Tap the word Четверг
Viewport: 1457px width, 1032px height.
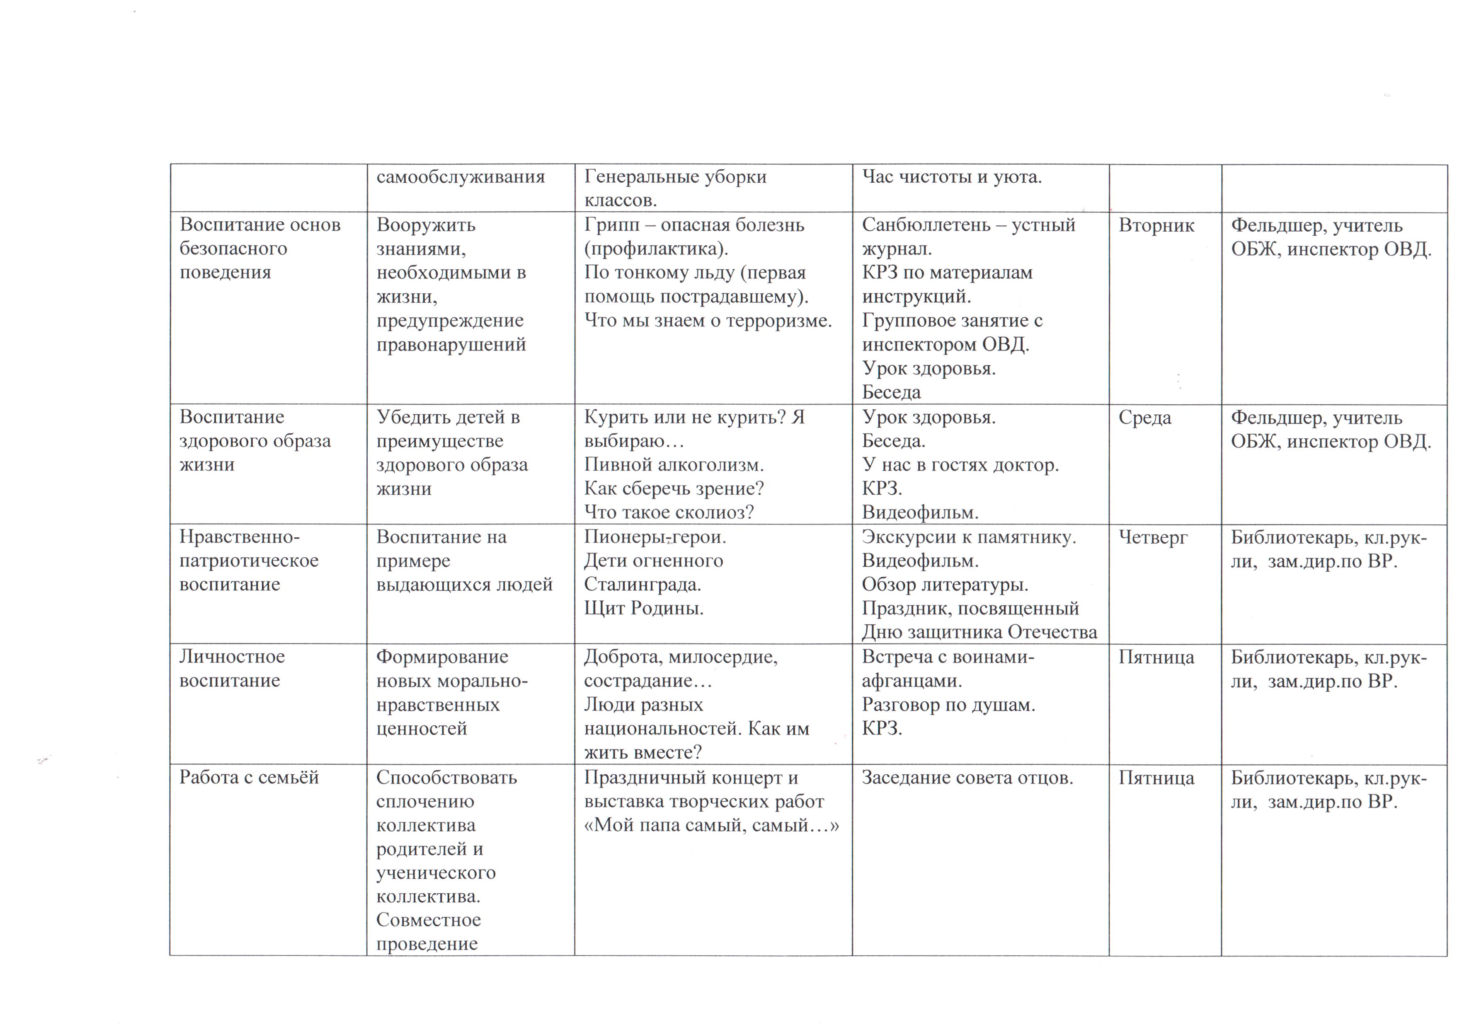pyautogui.click(x=1152, y=538)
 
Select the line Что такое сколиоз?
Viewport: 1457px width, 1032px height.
pyautogui.click(x=669, y=512)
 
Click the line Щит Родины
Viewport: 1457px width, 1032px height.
pyautogui.click(x=643, y=608)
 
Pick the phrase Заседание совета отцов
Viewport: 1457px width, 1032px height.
pyautogui.click(x=967, y=777)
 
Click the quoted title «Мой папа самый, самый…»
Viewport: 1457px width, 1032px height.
pyautogui.click(x=711, y=825)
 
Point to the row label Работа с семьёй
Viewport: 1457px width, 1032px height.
pyautogui.click(x=249, y=777)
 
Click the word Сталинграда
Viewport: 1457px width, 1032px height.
pyautogui.click(x=642, y=585)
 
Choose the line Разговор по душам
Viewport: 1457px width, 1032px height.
pyautogui.click(x=948, y=705)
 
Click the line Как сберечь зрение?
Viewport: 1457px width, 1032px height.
pyautogui.click(x=674, y=489)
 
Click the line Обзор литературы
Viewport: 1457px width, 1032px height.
pyautogui.click(x=945, y=585)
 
